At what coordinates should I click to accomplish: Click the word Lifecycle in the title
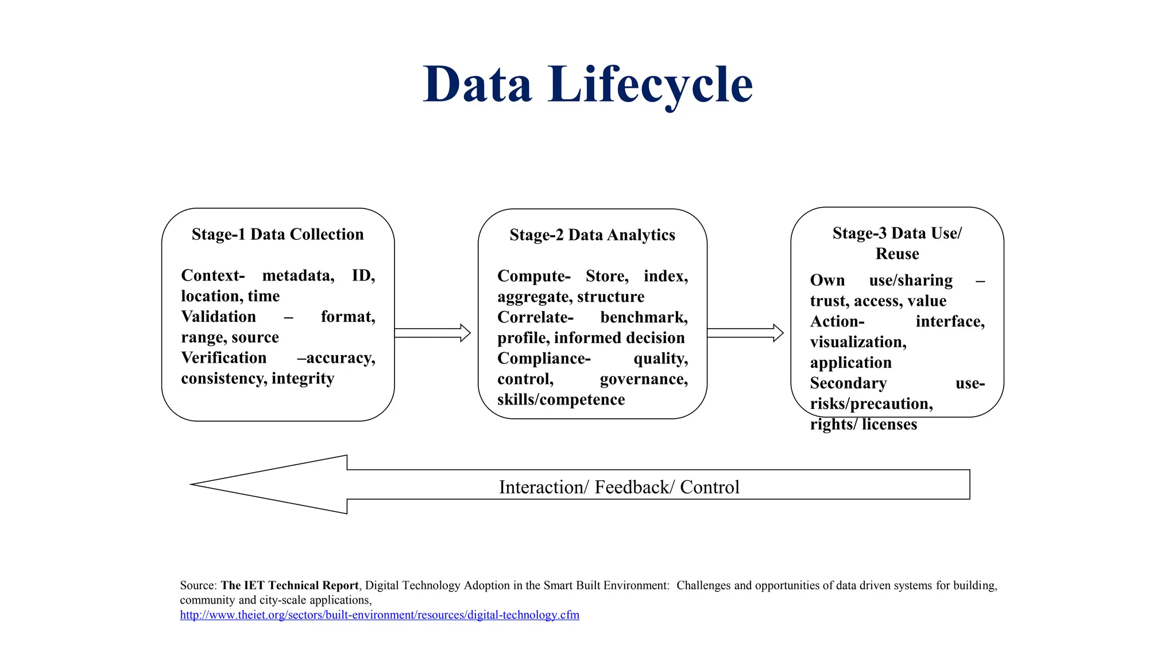650,85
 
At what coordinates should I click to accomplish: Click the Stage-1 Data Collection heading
277,234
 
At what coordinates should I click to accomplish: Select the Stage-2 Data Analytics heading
592,235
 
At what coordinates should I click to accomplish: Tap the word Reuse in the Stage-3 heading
897,254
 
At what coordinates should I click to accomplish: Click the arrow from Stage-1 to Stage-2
432,333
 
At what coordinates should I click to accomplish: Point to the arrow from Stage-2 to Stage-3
745,333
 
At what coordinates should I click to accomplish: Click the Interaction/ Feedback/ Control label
619,487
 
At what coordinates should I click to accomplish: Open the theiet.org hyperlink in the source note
379,615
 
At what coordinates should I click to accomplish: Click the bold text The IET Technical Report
289,585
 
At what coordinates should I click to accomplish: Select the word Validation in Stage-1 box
218,317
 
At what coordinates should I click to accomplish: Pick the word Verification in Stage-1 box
223,358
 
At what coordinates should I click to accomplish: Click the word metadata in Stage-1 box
297,275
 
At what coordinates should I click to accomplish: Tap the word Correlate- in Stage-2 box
535,317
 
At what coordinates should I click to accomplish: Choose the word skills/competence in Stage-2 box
561,399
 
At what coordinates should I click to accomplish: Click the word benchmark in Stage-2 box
644,317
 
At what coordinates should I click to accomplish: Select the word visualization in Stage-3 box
858,342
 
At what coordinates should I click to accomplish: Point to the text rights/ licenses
863,425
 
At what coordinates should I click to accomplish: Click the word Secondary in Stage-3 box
848,383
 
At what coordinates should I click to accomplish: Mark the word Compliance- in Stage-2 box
544,359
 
